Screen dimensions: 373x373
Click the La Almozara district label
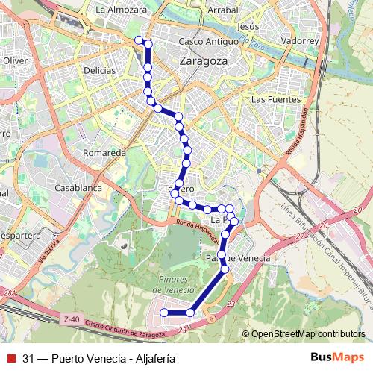pos(122,10)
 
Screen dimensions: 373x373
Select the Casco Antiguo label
pos(204,42)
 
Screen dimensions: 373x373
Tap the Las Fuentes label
pos(276,99)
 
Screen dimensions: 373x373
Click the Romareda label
pos(104,152)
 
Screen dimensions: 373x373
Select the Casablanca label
pos(78,188)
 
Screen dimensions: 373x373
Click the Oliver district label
pos(15,60)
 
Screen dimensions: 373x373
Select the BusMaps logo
pos(338,357)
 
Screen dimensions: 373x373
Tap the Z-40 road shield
pos(72,319)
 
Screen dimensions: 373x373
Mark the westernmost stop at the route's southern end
pos(164,313)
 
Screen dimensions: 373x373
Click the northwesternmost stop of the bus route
pos(138,40)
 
